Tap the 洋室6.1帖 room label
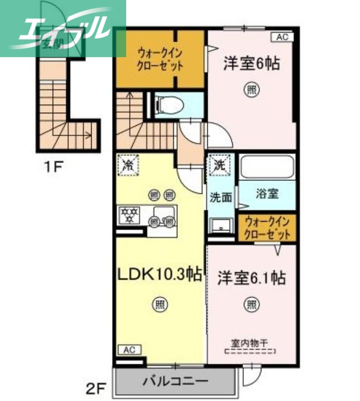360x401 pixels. click(x=251, y=278)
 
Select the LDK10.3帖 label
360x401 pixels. click(x=160, y=274)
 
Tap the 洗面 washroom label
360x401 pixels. click(x=220, y=197)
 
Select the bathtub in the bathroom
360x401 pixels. click(x=266, y=167)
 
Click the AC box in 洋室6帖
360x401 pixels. click(x=282, y=37)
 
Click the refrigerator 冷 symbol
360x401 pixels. click(x=128, y=165)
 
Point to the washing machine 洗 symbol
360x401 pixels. click(x=221, y=164)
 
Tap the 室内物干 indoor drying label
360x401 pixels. click(x=249, y=343)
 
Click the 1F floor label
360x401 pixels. click(x=52, y=166)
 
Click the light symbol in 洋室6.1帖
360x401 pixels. click(x=251, y=304)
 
